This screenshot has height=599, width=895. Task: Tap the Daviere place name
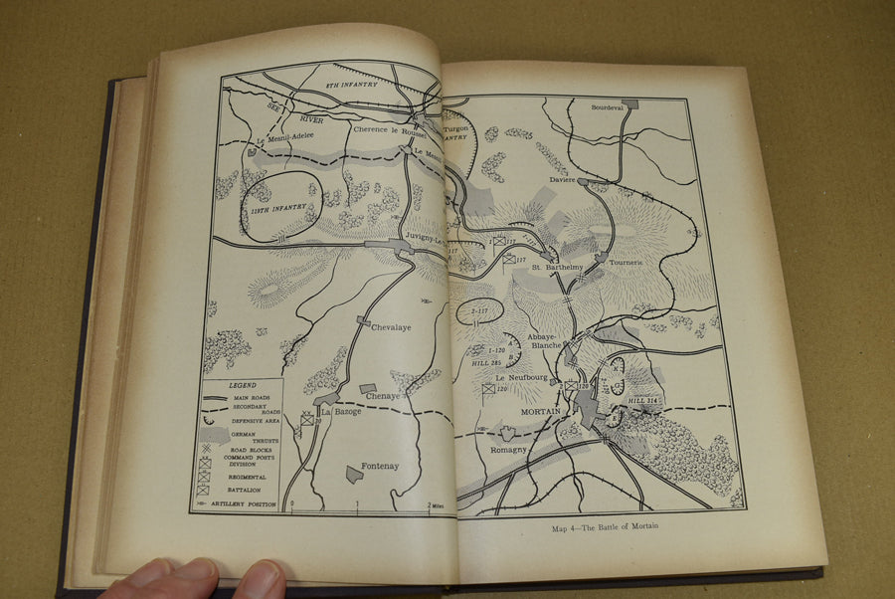(564, 179)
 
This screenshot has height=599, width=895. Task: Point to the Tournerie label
(629, 263)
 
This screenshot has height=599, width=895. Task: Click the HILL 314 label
(644, 401)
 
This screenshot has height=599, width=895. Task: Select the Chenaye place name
(382, 396)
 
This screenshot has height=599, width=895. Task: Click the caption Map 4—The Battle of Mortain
(605, 526)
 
